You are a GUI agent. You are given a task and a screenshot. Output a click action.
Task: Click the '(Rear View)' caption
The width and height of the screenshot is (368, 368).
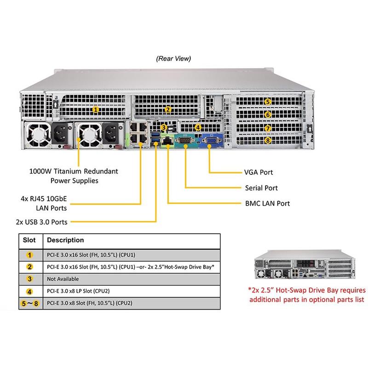pos(173,58)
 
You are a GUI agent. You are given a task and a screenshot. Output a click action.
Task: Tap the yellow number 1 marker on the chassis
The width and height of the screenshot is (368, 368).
pos(95,109)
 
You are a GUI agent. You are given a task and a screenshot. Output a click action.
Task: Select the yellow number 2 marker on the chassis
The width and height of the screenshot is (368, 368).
pos(168,109)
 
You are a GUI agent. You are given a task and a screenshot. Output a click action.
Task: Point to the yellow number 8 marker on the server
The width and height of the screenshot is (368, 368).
pos(268,140)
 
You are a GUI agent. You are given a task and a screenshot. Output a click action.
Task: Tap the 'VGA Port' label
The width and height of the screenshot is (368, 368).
pos(259,172)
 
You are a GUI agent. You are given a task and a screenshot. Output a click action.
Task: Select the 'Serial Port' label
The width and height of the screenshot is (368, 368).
pos(261,188)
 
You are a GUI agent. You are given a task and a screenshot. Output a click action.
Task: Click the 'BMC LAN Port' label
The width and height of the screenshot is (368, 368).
pos(267,203)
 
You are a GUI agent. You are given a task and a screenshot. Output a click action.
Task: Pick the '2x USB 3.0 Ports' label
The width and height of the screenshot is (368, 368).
pos(41,222)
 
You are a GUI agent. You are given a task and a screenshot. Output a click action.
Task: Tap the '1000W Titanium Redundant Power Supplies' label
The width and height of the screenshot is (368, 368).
pos(74,176)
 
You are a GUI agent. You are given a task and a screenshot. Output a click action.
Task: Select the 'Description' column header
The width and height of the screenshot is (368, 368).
pos(66,240)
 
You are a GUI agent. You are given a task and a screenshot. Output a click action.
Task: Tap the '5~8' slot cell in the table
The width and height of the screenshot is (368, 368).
pos(29,303)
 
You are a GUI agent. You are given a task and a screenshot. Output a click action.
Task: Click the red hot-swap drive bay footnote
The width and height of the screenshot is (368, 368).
pos(307,295)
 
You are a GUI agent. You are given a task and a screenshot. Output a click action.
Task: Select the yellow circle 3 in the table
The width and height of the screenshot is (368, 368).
pos(29,279)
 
